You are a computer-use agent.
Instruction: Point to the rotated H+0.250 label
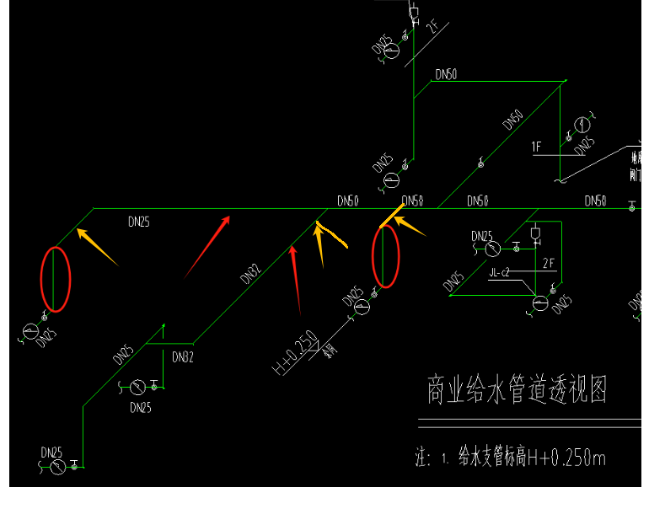pos(294,353)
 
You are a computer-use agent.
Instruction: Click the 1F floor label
pos(536,147)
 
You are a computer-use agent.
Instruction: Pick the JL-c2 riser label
pos(501,272)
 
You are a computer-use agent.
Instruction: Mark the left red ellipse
pos(56,279)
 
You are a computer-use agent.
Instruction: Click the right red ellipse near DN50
pos(385,256)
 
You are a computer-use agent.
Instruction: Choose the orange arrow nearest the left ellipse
pos(98,247)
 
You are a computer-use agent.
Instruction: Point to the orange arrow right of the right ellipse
pos(410,226)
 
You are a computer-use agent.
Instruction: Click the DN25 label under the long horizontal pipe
pos(140,222)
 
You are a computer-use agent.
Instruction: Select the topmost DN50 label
pos(446,75)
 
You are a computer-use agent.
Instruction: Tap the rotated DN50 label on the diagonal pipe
pos(512,120)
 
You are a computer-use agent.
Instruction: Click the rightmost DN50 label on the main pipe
pos(596,201)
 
